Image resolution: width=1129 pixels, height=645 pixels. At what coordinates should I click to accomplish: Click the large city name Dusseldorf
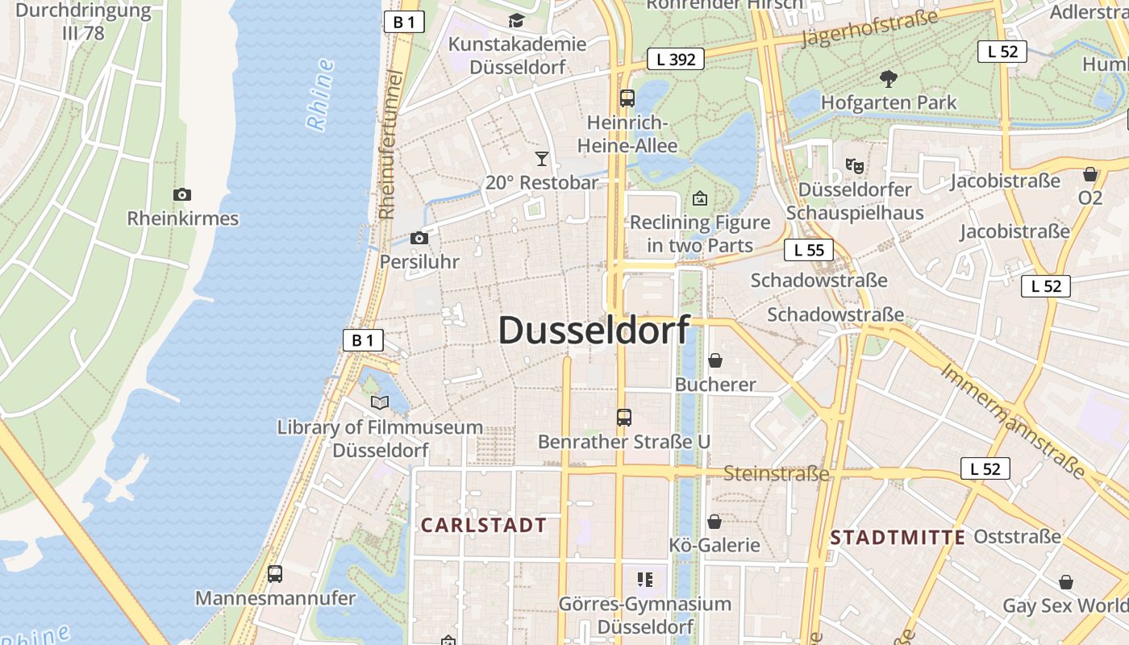coord(594,331)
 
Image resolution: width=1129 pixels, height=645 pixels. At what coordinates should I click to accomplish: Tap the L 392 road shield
coord(676,59)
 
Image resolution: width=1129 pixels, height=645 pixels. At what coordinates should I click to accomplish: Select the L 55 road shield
coord(809,250)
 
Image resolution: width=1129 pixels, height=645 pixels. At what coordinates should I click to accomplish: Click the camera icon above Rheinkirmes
coord(182,194)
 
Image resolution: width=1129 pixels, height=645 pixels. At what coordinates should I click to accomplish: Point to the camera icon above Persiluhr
coord(419,238)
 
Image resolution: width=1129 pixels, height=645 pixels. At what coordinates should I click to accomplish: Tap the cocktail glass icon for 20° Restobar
coord(542,158)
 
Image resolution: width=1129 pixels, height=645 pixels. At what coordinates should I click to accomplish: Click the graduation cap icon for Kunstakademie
coord(516,21)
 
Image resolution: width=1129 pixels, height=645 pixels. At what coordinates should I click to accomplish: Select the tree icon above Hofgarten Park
coord(889,79)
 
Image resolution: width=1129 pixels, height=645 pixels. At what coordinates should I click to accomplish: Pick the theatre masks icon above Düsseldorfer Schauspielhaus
coord(855,166)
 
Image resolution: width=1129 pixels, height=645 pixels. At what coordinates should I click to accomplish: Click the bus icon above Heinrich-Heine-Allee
coord(627,98)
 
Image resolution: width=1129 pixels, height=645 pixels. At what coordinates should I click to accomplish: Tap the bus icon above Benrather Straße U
coord(623,418)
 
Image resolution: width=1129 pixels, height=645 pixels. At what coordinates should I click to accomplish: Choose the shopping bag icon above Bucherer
coord(714,360)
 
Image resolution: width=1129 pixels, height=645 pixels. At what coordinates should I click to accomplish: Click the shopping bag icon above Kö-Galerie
coord(714,522)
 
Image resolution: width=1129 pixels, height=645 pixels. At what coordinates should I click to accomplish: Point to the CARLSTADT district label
coord(484,526)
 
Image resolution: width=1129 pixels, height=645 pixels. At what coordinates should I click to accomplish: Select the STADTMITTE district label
coord(898,538)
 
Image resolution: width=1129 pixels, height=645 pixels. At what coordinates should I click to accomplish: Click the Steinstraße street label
coord(776,473)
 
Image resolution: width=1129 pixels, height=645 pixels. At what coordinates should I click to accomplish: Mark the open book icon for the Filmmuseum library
coord(379,402)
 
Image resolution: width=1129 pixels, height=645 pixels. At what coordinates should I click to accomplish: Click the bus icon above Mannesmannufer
coord(275,574)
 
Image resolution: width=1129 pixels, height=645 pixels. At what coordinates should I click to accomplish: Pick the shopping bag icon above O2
coord(1090,174)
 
